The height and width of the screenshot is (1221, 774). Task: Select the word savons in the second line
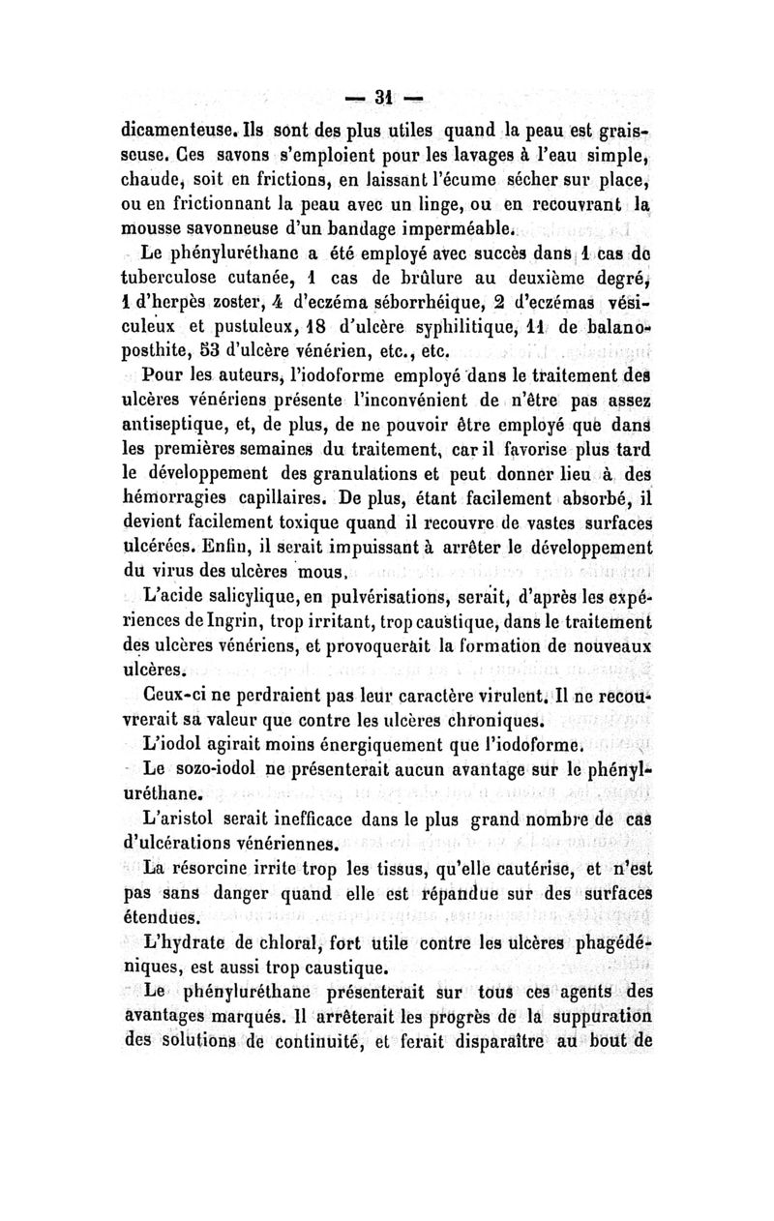[216, 157]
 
